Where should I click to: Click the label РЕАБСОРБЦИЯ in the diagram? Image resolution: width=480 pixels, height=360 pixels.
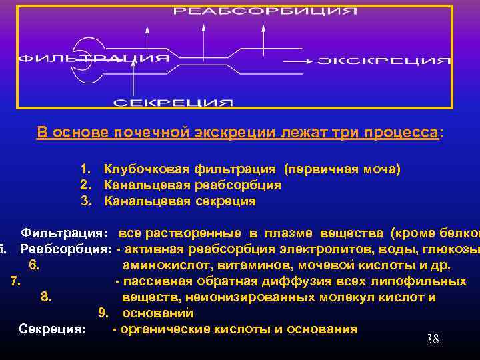pyautogui.click(x=265, y=11)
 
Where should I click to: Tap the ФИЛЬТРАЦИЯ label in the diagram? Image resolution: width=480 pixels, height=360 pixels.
pyautogui.click(x=93, y=59)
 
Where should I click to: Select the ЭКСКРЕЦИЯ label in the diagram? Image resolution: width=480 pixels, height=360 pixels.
pyautogui.click(x=384, y=61)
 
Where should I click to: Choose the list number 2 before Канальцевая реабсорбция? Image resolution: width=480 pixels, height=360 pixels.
pyautogui.click(x=85, y=185)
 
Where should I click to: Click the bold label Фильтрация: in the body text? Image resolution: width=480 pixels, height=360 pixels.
pyautogui.click(x=63, y=233)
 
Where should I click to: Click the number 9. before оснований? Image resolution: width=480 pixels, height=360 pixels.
pyautogui.click(x=103, y=313)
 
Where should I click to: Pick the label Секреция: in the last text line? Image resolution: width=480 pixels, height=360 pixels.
pyautogui.click(x=53, y=329)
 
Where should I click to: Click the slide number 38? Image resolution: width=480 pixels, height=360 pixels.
pyautogui.click(x=432, y=339)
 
